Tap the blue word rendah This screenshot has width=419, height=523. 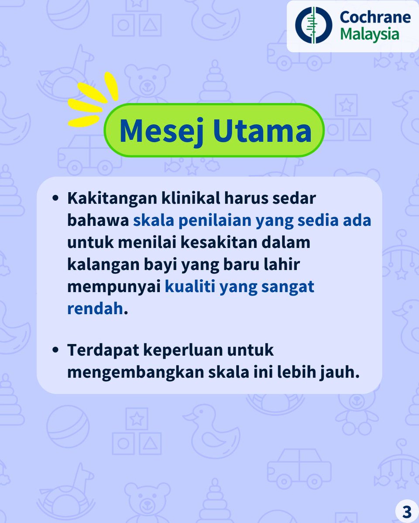[x=95, y=309]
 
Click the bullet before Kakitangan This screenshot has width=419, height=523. [x=55, y=198]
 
